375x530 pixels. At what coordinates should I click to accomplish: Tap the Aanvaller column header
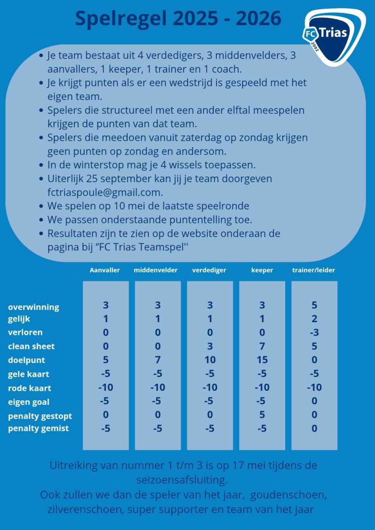[x=105, y=270]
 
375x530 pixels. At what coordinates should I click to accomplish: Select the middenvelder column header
[x=155, y=270]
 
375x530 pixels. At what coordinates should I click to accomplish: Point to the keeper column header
[x=262, y=270]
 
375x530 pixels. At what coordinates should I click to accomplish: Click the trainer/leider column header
[x=314, y=270]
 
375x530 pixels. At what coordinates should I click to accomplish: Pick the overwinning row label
[x=34, y=307]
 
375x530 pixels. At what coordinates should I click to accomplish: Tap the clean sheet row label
[x=31, y=346]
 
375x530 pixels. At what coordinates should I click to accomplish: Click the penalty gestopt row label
[x=40, y=416]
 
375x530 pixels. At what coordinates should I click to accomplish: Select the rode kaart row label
[x=30, y=388]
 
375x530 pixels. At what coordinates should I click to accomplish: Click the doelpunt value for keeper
[x=262, y=360]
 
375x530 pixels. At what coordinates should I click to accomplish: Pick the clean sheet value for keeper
[x=262, y=346]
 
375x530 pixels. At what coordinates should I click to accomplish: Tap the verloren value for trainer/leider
[x=314, y=332]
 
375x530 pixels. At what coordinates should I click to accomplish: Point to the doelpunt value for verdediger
[x=210, y=360]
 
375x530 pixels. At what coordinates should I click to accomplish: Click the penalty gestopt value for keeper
[x=262, y=415]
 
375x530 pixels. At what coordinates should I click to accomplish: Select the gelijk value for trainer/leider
[x=314, y=318]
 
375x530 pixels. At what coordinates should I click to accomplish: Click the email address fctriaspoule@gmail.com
[x=105, y=193]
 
